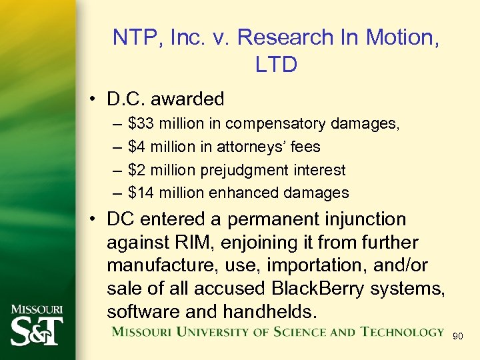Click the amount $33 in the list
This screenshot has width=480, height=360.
pos(139,123)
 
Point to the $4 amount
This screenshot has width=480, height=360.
pos(136,147)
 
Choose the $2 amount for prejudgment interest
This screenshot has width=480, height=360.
pos(136,170)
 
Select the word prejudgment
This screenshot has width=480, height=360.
pos(257,170)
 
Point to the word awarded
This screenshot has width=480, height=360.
pos(187,99)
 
